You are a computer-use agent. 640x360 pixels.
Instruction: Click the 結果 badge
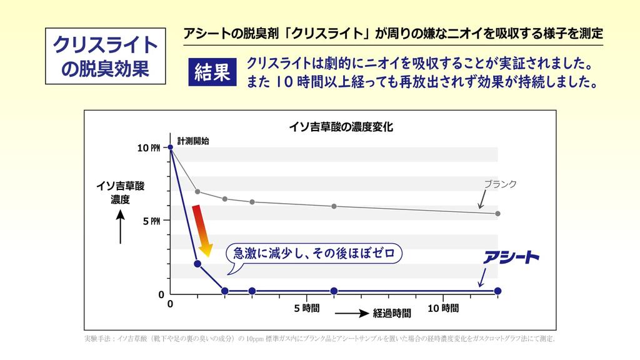(212, 72)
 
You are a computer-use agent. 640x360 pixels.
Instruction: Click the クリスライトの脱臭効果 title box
(105, 56)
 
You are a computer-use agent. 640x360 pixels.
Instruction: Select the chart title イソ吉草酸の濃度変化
(341, 127)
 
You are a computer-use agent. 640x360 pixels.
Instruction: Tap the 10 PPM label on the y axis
(149, 148)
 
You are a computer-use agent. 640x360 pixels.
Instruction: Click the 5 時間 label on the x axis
(307, 308)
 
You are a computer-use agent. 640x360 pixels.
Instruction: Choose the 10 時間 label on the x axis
(443, 308)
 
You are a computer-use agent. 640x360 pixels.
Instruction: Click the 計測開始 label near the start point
(193, 141)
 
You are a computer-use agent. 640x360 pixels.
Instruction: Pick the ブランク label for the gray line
(501, 184)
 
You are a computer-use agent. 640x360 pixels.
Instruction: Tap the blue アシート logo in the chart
(510, 257)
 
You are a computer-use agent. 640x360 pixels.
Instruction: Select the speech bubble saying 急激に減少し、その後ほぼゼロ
(314, 254)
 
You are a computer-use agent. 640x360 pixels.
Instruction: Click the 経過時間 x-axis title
(392, 313)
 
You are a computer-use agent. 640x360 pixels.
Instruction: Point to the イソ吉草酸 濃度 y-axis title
(120, 192)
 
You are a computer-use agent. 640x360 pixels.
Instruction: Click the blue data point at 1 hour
(197, 264)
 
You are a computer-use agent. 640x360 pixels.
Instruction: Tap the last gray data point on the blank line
(497, 214)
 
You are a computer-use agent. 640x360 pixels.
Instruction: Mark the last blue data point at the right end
(497, 291)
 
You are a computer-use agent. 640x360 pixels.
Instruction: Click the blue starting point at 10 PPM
(171, 147)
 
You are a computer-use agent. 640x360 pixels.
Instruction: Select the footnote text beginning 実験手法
(319, 339)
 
